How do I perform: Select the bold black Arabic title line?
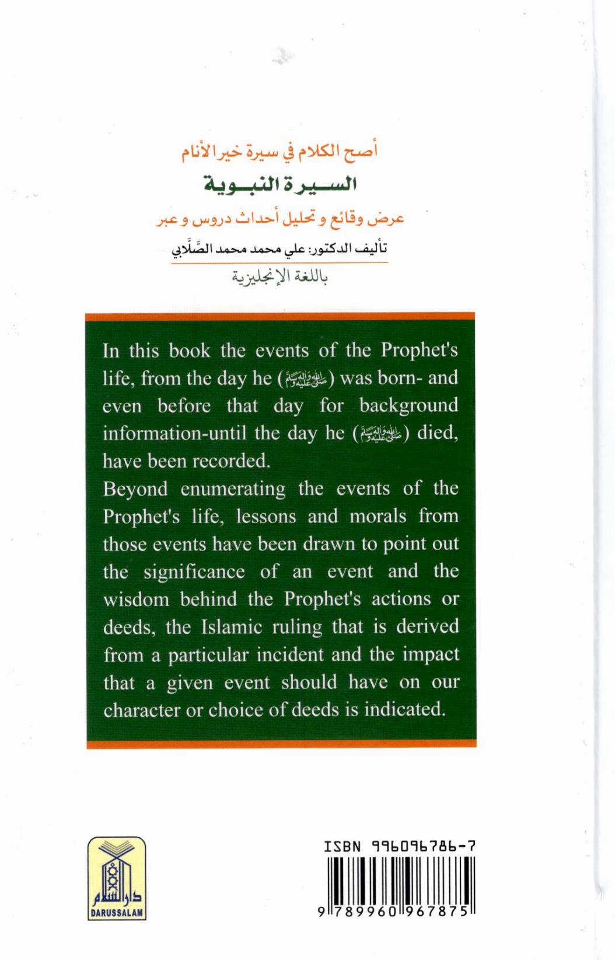click(280, 184)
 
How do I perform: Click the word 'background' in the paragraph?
click(408, 405)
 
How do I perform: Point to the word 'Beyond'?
click(136, 489)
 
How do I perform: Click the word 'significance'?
click(194, 572)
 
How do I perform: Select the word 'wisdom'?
click(136, 600)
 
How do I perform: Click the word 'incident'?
click(290, 654)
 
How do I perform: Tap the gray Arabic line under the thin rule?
click(279, 276)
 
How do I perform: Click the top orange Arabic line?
click(279, 152)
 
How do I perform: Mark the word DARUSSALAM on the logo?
click(117, 913)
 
